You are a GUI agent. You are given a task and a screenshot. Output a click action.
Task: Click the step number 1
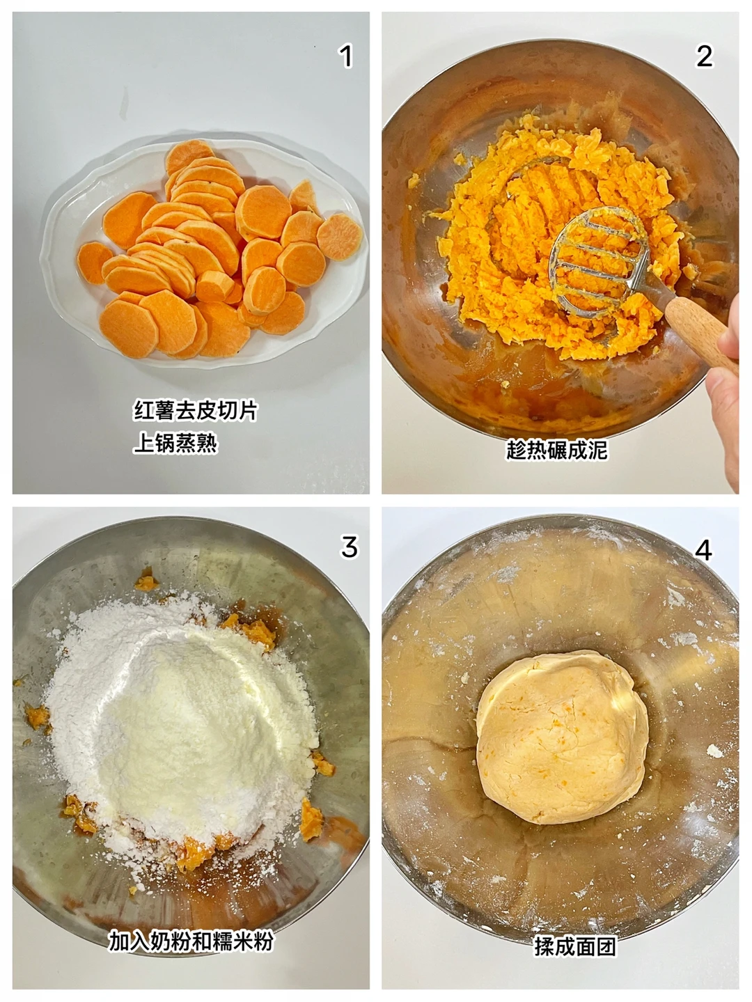[x=346, y=56]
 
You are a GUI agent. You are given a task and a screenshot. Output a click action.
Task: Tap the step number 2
[x=704, y=56]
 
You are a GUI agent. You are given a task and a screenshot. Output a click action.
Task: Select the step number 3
[x=350, y=547]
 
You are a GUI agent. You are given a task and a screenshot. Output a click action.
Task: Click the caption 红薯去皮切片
[x=196, y=411]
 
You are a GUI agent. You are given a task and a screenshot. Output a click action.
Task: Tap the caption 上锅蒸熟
[x=175, y=444]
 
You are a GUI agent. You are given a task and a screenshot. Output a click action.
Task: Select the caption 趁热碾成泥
[x=557, y=450]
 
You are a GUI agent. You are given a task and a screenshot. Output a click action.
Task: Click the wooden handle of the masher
[x=700, y=334]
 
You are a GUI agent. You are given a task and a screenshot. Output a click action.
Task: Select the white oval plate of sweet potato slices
[x=204, y=253]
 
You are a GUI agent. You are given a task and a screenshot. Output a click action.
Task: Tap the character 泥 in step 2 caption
[x=597, y=450]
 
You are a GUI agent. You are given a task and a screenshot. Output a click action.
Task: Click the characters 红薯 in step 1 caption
[x=155, y=411]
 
